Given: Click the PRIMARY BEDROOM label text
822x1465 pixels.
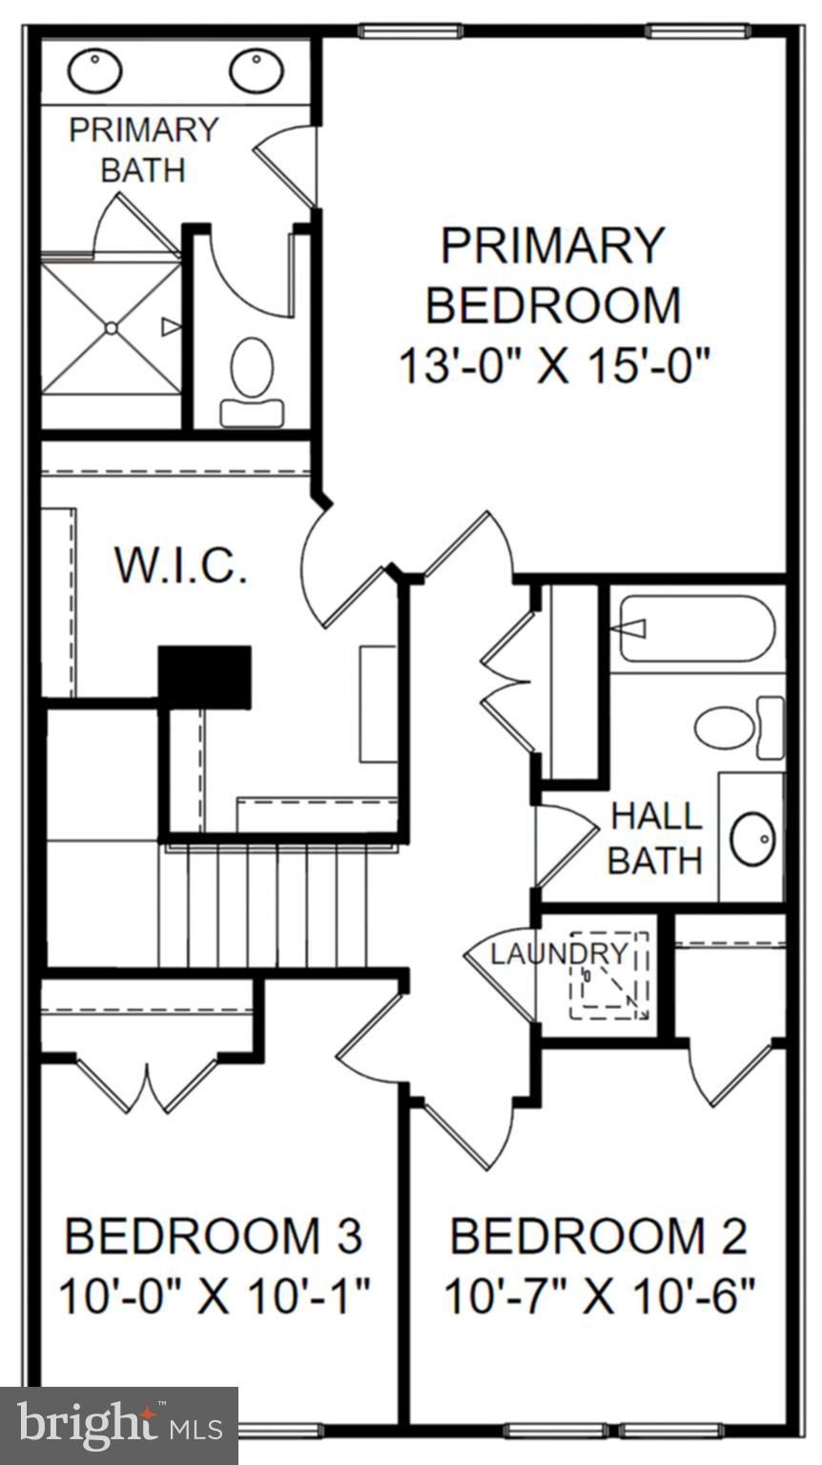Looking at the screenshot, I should [x=552, y=275].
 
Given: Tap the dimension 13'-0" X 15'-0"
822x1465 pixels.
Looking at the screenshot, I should [x=555, y=366].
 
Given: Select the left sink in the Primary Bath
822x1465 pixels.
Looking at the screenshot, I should [x=94, y=71].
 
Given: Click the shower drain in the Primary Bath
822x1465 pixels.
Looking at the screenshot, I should [x=112, y=328].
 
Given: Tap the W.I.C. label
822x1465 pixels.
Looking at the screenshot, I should [x=181, y=565].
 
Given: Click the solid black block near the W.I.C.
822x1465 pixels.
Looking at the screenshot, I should [x=204, y=676].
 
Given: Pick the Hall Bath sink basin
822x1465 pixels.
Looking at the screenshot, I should [x=752, y=837].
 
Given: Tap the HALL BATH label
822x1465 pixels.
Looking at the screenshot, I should [x=655, y=838].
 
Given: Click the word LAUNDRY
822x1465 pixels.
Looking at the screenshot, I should [x=560, y=953].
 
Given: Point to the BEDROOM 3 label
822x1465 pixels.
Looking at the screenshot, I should [x=214, y=1236].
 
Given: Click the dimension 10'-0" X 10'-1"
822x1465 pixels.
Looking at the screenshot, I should [x=214, y=1297].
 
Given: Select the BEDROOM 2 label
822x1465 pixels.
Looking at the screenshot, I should [x=598, y=1236].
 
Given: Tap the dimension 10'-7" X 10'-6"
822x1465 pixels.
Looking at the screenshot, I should [x=599, y=1297].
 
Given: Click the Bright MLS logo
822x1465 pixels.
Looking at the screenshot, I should [x=119, y=1426].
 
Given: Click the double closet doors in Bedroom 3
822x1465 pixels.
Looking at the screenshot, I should [x=148, y=1083].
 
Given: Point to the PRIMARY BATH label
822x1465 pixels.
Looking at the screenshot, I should [x=143, y=150].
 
